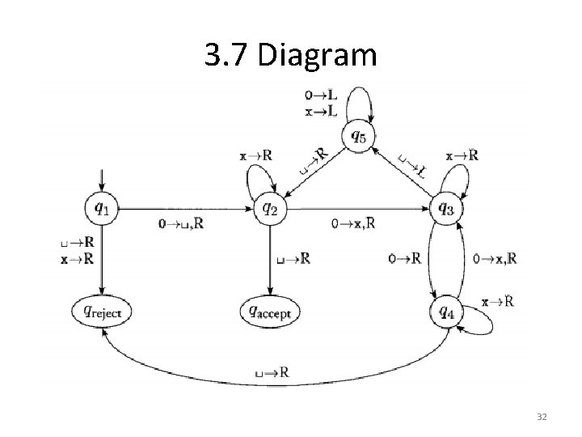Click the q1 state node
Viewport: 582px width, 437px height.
101,209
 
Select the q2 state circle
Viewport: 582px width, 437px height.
269,209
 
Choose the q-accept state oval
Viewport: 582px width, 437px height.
270,310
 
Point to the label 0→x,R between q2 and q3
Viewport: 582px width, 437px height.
353,223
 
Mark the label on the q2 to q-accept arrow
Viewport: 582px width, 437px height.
293,259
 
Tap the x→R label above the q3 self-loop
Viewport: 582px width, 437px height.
462,155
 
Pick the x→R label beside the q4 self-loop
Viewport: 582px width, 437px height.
497,301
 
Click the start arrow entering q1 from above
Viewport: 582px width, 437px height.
101,180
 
